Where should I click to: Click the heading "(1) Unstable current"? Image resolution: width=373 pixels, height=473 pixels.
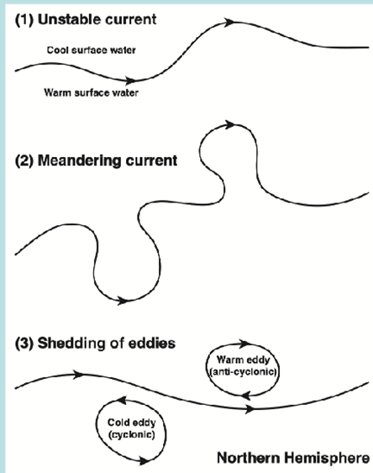pyautogui.click(x=86, y=19)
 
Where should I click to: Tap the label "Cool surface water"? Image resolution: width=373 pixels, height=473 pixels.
pyautogui.click(x=91, y=50)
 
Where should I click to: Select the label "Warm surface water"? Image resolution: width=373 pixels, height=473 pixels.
pyautogui.click(x=91, y=92)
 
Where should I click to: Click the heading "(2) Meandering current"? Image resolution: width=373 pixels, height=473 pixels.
pyautogui.click(x=96, y=160)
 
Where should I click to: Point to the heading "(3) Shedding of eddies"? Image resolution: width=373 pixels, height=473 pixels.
pyautogui.click(x=95, y=344)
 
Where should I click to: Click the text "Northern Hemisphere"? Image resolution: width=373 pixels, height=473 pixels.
pyautogui.click(x=293, y=458)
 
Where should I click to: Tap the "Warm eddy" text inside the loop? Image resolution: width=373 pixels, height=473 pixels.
pyautogui.click(x=243, y=360)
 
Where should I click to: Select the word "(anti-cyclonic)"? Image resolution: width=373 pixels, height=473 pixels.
pyautogui.click(x=243, y=371)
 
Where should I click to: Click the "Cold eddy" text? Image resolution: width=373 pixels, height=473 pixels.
pyautogui.click(x=131, y=423)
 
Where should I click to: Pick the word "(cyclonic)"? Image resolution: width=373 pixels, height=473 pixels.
pyautogui.click(x=131, y=434)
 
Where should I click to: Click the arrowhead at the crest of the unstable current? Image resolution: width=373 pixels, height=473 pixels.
pyautogui.click(x=230, y=22)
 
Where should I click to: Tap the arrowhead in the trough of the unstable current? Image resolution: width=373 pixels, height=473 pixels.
pyautogui.click(x=130, y=81)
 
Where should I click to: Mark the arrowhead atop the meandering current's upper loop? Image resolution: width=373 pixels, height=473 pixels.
pyautogui.click(x=230, y=124)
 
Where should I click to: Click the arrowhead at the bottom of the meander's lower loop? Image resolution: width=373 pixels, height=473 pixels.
pyautogui.click(x=123, y=301)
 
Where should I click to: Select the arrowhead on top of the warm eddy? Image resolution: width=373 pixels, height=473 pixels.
pyautogui.click(x=244, y=344)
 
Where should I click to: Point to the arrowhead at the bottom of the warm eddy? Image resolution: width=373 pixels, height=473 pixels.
pyautogui.click(x=247, y=395)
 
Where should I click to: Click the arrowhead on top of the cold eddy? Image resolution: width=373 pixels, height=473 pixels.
pyautogui.click(x=121, y=400)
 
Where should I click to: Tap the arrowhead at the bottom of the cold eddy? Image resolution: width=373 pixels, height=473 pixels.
pyautogui.click(x=144, y=460)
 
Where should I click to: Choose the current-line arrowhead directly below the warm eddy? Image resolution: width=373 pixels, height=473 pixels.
pyautogui.click(x=250, y=409)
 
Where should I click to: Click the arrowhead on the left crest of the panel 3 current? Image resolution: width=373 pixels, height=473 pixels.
pyautogui.click(x=79, y=375)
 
